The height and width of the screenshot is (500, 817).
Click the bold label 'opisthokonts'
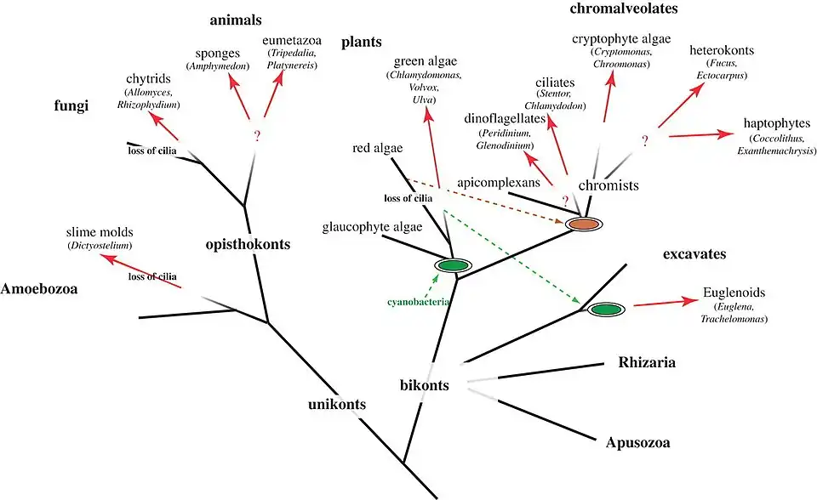point(249,244)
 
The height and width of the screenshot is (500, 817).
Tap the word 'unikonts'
point(337,404)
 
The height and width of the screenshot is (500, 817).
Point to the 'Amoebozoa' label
point(39,289)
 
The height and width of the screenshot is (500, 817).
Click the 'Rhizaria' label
point(647,363)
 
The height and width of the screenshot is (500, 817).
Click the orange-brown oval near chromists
point(584,224)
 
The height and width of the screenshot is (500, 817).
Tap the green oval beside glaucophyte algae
point(453,265)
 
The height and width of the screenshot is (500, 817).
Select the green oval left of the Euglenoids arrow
point(607,309)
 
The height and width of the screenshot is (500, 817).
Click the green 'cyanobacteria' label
point(420,302)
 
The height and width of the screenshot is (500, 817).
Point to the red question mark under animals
point(254,135)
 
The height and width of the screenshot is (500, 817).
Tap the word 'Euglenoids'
point(734,293)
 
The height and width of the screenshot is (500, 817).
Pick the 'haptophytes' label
point(776,123)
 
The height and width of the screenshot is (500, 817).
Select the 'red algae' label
point(376,149)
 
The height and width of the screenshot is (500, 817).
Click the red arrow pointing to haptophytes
point(697,134)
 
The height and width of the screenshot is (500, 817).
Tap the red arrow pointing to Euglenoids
point(665,304)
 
